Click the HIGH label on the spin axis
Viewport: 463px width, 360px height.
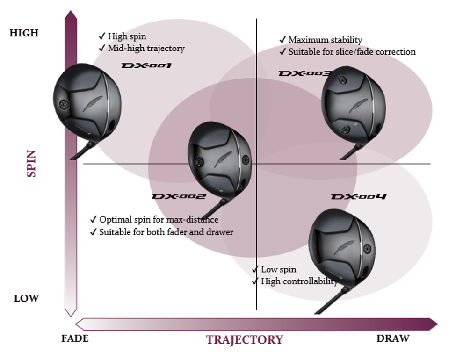(x=24, y=33)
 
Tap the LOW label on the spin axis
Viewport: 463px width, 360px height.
(x=26, y=298)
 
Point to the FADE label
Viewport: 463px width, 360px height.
(x=75, y=338)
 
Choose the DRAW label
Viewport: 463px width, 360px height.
(x=393, y=338)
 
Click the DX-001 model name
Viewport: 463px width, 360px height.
(x=146, y=65)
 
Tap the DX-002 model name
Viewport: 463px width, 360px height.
(x=179, y=196)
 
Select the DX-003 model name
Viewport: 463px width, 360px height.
(x=305, y=73)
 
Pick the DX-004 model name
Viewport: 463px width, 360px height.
(x=359, y=197)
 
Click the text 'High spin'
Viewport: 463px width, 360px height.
(x=127, y=36)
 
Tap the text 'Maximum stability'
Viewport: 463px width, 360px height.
(x=325, y=40)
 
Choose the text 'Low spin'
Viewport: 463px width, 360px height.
(x=278, y=269)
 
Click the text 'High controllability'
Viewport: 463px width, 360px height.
(x=299, y=281)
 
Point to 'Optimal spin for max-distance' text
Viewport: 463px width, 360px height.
(x=159, y=219)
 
